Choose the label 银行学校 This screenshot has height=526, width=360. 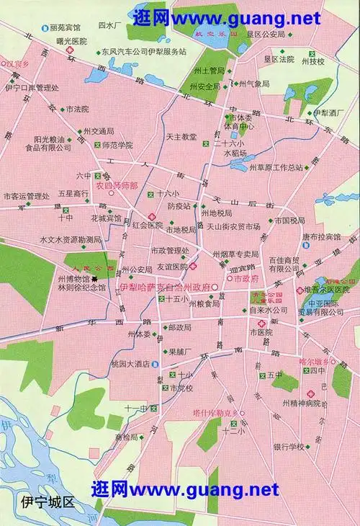[288, 447]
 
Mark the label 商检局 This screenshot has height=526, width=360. [125, 437]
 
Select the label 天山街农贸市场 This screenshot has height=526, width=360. [233, 226]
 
